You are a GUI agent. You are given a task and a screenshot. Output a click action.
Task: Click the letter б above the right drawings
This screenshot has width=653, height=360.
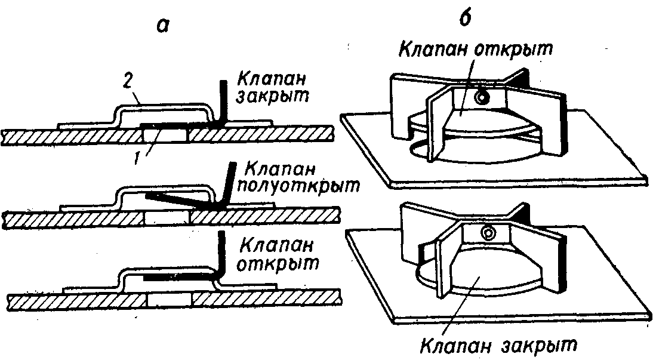466,19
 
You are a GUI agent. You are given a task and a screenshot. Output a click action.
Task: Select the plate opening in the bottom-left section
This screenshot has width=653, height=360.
169,297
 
